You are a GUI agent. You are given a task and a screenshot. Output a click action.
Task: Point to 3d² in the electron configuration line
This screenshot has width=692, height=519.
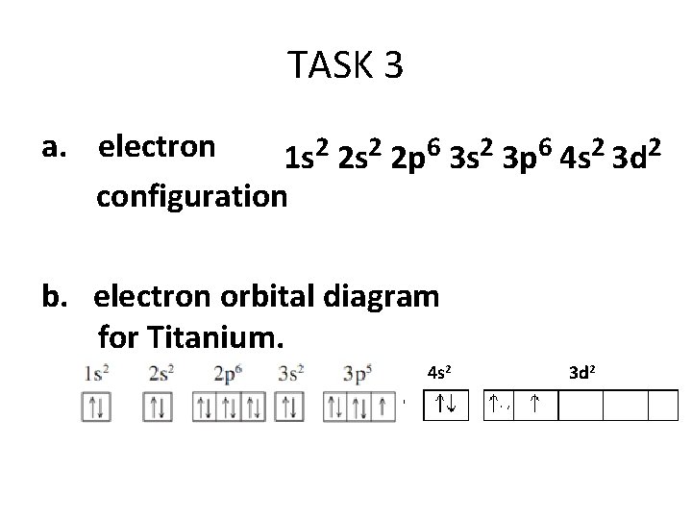tap(635, 156)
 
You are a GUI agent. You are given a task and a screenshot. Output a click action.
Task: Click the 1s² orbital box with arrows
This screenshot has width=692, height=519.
tap(97, 408)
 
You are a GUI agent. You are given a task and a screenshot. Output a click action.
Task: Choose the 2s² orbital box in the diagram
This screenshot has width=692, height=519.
tap(159, 408)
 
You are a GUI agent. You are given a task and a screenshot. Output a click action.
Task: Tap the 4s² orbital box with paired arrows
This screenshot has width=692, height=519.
tap(445, 405)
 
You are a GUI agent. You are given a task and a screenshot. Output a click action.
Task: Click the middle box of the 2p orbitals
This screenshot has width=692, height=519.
tap(229, 408)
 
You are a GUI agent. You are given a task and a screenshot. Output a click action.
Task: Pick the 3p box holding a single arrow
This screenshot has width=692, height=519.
tap(383, 408)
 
